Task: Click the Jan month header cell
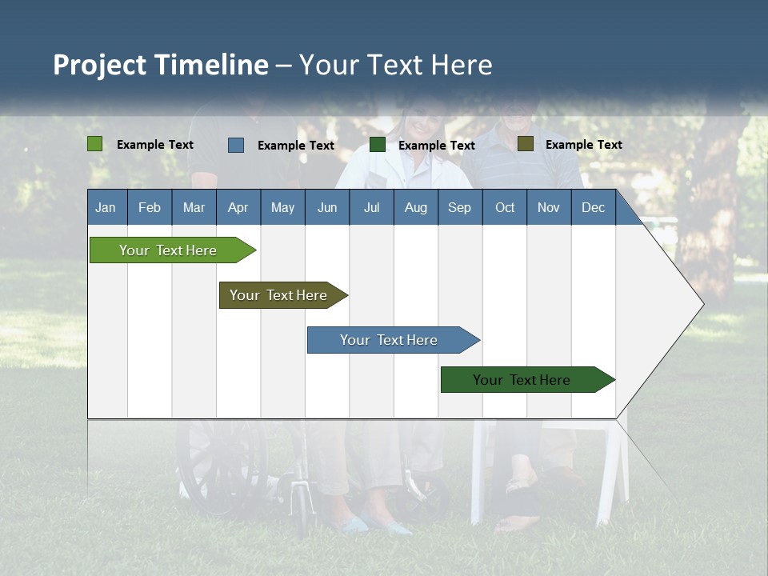pos(106,207)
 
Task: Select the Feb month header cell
pos(150,207)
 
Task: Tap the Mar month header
pos(194,207)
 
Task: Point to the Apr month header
pos(238,207)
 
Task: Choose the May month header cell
pos(282,207)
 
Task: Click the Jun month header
pos(327,207)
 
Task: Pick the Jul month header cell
pos(371,207)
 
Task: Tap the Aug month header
pos(416,207)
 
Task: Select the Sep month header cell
pos(460,207)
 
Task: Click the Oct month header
pos(505,207)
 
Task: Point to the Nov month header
pos(549,207)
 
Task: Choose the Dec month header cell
pos(594,207)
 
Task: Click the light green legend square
pos(95,144)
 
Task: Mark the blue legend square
pos(236,145)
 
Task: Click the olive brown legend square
pos(526,144)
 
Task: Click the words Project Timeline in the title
pos(161,65)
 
